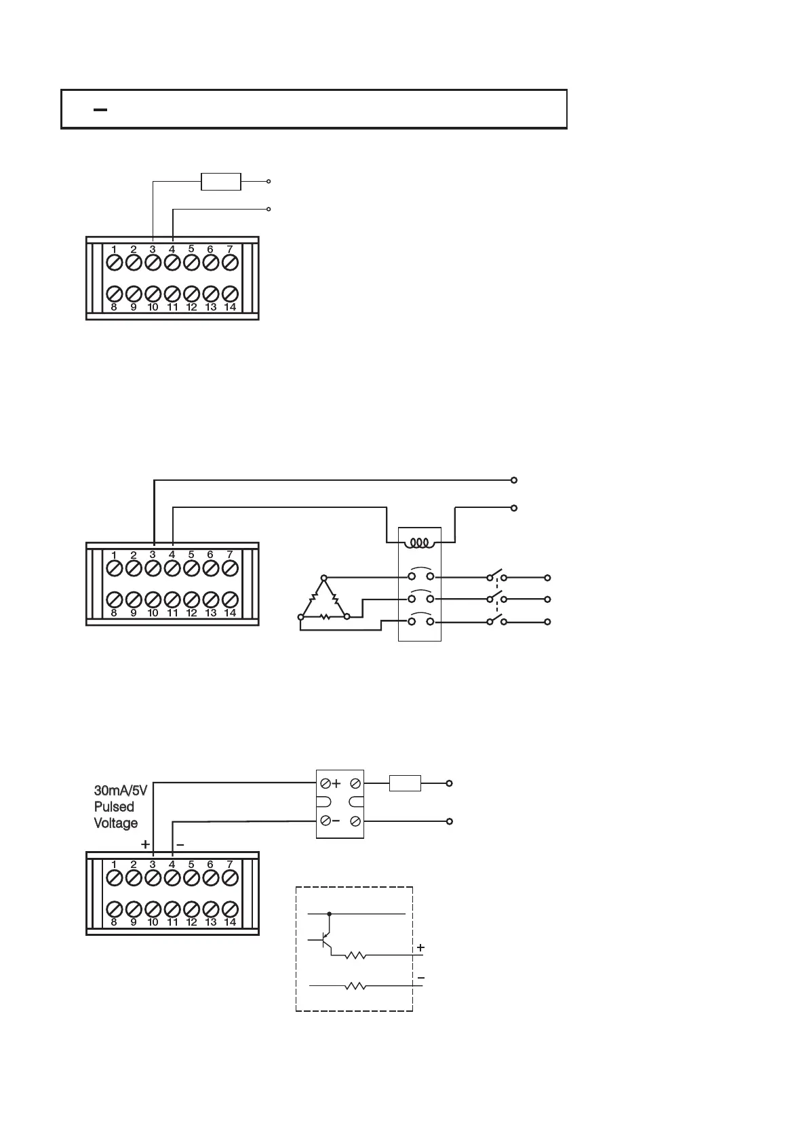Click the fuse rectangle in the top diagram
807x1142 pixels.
click(x=221, y=182)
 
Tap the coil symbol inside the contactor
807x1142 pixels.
click(x=420, y=543)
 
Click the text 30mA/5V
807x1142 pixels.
click(x=120, y=791)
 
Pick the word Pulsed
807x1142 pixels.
click(x=114, y=807)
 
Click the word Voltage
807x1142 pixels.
click(x=116, y=823)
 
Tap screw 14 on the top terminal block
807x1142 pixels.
click(x=230, y=294)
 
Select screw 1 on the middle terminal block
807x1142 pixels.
click(x=115, y=567)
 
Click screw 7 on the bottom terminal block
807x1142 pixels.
click(x=230, y=877)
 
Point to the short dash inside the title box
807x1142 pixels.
click(x=100, y=109)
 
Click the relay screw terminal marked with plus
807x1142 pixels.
click(x=326, y=783)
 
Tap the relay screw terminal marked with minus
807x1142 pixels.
click(x=326, y=821)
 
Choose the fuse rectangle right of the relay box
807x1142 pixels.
click(x=405, y=783)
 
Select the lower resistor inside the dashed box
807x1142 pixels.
click(x=355, y=987)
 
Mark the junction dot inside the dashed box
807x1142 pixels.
click(x=330, y=914)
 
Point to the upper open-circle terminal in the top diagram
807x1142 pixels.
click(x=269, y=182)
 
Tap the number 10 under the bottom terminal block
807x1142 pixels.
click(x=153, y=922)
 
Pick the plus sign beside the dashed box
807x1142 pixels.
click(x=420, y=947)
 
